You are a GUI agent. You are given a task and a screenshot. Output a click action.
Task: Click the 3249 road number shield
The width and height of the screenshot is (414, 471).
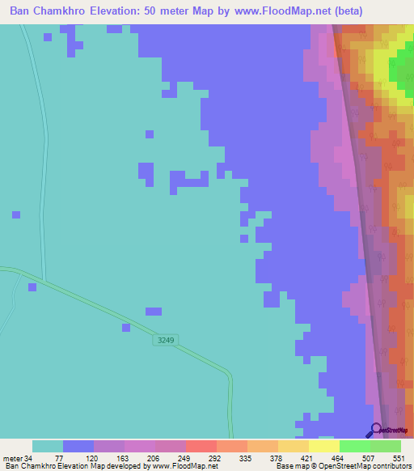[165, 341]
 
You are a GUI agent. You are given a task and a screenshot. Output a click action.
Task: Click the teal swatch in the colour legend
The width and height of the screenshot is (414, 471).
[48, 446]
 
